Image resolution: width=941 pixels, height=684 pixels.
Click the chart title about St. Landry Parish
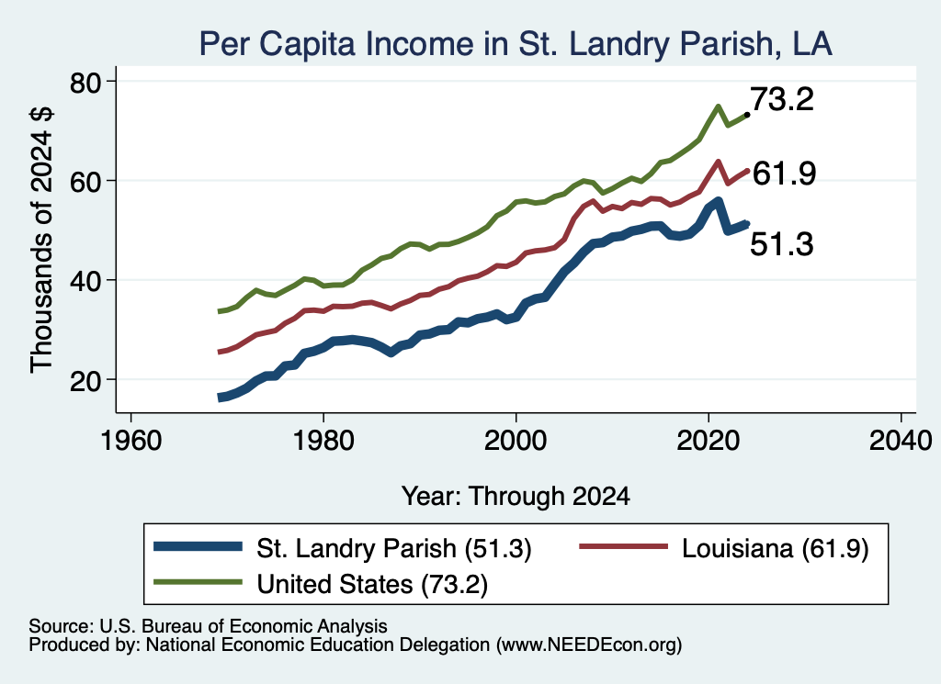(516, 44)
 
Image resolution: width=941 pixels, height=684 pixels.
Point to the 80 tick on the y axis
(85, 82)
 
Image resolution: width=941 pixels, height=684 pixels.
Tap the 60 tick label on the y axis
(85, 181)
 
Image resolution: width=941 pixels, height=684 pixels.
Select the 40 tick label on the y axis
(85, 281)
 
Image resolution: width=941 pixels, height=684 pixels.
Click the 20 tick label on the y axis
(85, 380)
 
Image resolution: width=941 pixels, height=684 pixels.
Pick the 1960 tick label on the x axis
(130, 441)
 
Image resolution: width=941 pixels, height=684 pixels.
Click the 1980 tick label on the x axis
(323, 441)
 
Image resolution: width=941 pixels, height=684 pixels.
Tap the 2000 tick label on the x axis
(516, 441)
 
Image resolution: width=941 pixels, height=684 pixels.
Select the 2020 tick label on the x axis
(709, 441)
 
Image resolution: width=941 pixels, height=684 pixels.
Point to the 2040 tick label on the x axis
(901, 441)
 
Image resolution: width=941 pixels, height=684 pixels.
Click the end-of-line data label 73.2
(782, 99)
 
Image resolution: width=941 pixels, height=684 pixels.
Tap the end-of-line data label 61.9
(784, 174)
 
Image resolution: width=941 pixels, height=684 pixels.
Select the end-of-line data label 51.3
(782, 244)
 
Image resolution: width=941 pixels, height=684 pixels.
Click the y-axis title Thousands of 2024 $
(41, 240)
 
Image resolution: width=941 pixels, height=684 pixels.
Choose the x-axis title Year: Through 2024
(516, 497)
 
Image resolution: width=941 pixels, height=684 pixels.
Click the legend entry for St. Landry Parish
(343, 548)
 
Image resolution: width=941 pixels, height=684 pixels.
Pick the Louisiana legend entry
(724, 548)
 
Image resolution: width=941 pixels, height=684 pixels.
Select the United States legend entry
(321, 584)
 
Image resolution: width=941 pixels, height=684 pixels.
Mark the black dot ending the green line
(747, 114)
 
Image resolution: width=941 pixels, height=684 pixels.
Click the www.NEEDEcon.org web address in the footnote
(589, 645)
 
